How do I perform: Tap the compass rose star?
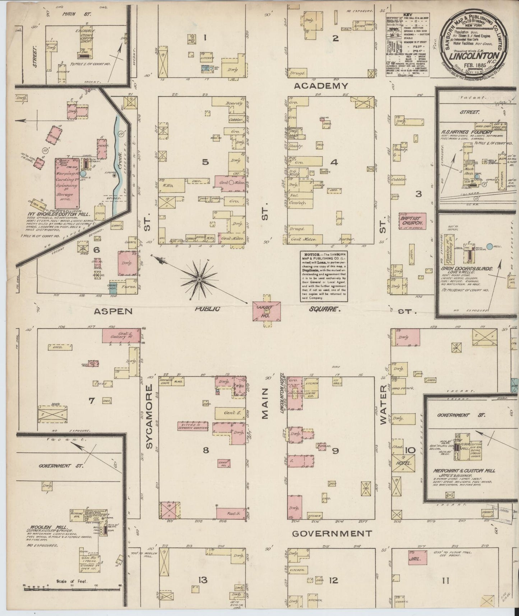(199, 279)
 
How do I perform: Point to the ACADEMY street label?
(321, 86)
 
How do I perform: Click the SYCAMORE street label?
(149, 417)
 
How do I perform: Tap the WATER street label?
(383, 405)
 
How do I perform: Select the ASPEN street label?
(113, 311)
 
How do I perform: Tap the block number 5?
(205, 162)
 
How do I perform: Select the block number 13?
(203, 580)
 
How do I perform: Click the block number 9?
(335, 451)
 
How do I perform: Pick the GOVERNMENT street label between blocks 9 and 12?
(332, 533)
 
